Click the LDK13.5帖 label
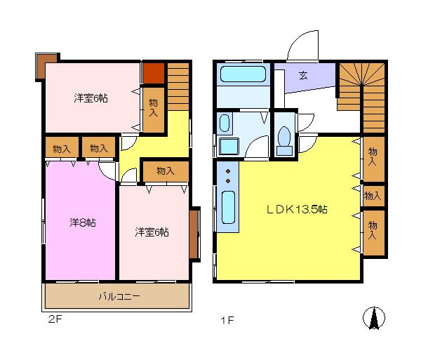(x=297, y=209)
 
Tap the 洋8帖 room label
(x=82, y=222)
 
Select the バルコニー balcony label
(x=119, y=296)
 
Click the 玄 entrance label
(x=303, y=75)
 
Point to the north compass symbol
(x=374, y=318)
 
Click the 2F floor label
(x=55, y=319)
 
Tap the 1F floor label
(x=227, y=320)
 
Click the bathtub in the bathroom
(x=243, y=74)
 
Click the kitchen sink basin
(x=229, y=207)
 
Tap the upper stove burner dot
(x=228, y=171)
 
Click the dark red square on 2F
(x=153, y=73)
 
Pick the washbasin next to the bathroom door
(x=225, y=123)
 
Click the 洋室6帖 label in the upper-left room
(x=91, y=98)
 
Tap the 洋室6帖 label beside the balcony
(x=152, y=232)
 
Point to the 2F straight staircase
(x=178, y=86)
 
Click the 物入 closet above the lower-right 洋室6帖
(x=166, y=171)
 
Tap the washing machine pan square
(x=229, y=147)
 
